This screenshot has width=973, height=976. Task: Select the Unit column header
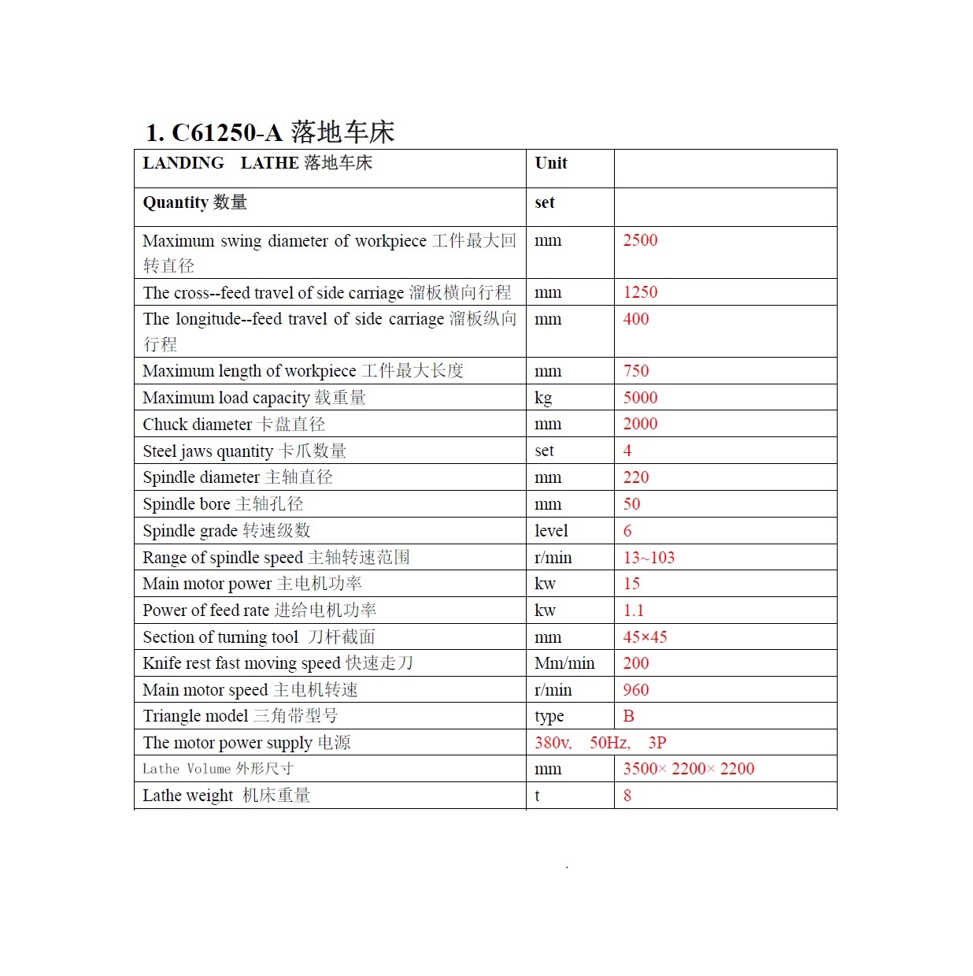(x=550, y=163)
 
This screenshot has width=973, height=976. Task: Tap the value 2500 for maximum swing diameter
(x=640, y=240)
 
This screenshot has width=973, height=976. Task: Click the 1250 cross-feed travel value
(x=640, y=292)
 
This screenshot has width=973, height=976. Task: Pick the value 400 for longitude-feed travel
(x=636, y=319)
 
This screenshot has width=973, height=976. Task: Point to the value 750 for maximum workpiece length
(x=636, y=371)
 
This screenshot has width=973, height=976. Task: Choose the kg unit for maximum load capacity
(x=543, y=398)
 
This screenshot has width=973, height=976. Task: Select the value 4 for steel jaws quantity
(x=627, y=451)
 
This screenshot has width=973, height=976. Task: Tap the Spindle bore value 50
(x=631, y=504)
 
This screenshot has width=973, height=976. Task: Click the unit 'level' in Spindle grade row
(x=551, y=531)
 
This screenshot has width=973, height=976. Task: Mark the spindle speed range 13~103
(x=649, y=558)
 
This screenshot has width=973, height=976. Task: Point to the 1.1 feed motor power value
(x=633, y=610)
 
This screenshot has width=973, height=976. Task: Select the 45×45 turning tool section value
(x=645, y=637)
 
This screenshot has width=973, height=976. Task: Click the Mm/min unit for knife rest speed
(x=564, y=663)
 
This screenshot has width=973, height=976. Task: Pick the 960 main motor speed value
(x=636, y=690)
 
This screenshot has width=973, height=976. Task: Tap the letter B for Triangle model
(x=628, y=716)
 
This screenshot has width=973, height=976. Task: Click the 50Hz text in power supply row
(x=610, y=743)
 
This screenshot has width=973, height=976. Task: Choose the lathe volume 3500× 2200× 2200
(x=688, y=769)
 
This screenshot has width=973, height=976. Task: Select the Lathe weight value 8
(x=627, y=796)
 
